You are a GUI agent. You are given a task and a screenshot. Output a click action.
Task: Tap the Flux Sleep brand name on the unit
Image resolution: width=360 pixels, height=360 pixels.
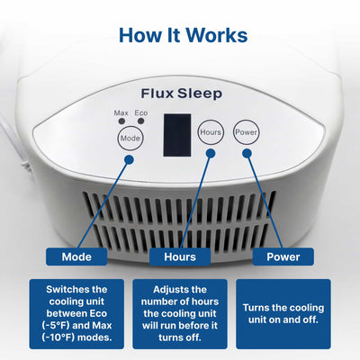click(x=181, y=93)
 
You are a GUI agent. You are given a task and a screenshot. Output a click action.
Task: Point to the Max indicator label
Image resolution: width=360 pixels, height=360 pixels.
click(x=121, y=113)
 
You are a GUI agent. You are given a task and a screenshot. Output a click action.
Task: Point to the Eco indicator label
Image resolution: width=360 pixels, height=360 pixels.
click(x=141, y=113)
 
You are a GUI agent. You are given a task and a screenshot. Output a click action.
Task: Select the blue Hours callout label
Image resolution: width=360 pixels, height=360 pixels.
click(x=179, y=256)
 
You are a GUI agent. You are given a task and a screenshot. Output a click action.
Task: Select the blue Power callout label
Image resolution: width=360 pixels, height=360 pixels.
click(x=283, y=256)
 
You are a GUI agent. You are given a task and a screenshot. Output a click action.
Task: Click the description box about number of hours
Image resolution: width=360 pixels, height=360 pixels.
click(x=179, y=312)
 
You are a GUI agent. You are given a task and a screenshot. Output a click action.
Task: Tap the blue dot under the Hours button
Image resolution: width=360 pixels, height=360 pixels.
click(x=211, y=154)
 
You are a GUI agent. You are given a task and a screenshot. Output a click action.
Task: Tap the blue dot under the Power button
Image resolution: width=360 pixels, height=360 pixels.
click(x=246, y=154)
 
